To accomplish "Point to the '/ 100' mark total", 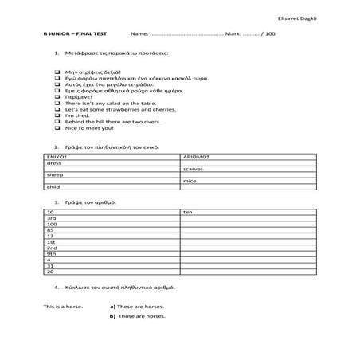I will tap(267, 35).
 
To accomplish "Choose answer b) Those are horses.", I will tap(138, 316).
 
